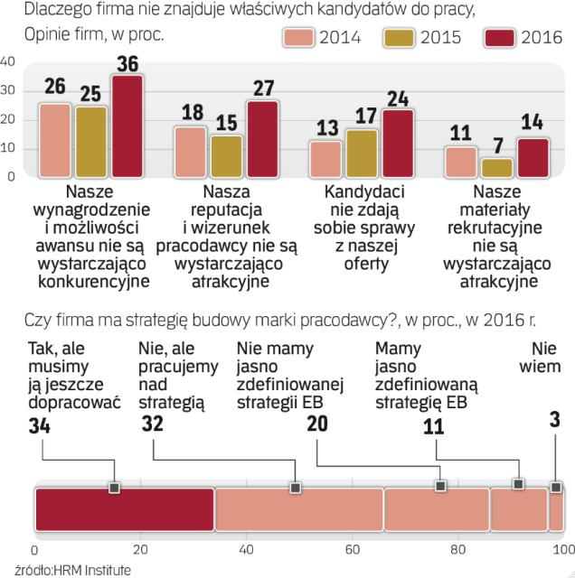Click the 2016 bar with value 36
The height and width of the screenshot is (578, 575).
(127, 126)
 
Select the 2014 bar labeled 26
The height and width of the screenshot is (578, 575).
(55, 140)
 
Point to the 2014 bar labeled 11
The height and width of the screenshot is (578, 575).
(462, 161)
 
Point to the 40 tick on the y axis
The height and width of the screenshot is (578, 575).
(7, 61)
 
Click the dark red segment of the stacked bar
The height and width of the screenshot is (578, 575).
(124, 508)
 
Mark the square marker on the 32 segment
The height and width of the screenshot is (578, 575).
(295, 488)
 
